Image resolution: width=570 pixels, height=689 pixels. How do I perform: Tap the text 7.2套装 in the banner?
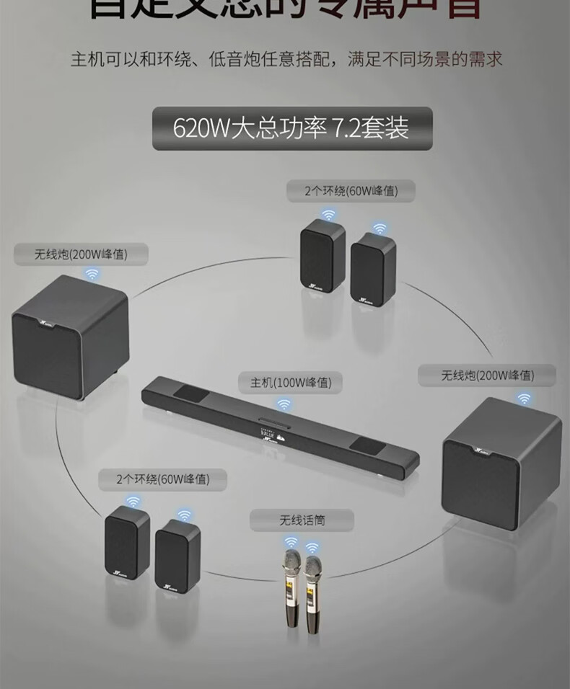(370, 128)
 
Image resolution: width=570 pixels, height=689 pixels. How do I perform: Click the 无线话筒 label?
(302, 519)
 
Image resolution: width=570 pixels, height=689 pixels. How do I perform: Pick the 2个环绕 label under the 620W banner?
(351, 190)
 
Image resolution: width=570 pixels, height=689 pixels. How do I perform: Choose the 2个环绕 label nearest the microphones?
(162, 479)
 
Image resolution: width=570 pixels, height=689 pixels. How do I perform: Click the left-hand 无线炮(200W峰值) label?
(81, 254)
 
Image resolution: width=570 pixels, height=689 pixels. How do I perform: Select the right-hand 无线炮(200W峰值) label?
(488, 375)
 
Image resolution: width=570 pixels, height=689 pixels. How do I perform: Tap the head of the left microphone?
(291, 560)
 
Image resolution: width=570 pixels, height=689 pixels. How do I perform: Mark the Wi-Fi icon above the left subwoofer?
(92, 274)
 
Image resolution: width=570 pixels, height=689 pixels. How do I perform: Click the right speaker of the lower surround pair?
(176, 556)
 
